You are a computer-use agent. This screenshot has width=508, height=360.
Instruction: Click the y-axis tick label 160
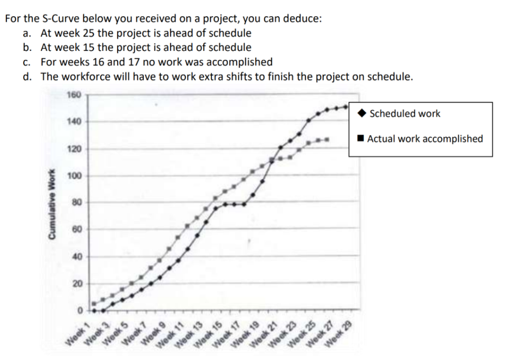coord(73,94)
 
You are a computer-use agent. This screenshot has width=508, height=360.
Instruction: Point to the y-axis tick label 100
coord(73,176)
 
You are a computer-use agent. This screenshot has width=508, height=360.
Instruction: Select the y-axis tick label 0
coord(78,311)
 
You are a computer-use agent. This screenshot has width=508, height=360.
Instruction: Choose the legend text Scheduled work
coord(405,114)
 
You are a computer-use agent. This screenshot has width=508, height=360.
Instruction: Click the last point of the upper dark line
coord(346,106)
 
